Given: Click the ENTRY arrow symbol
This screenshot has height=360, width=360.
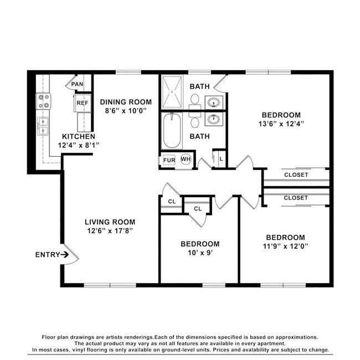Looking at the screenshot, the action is click(65, 254).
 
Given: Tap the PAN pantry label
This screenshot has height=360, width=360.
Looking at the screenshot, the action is click(77, 84).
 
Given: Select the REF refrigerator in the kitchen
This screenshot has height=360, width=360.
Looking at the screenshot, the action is click(83, 103).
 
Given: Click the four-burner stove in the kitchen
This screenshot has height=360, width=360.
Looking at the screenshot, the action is click(43, 101).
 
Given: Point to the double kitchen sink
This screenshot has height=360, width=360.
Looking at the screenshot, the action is click(43, 126).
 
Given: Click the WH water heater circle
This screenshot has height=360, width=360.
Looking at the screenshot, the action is click(186, 159).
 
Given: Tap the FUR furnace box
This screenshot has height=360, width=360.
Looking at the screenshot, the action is click(169, 160).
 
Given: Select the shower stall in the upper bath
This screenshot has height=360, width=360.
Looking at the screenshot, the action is click(172, 92).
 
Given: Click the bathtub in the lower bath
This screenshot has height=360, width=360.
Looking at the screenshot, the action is click(172, 131).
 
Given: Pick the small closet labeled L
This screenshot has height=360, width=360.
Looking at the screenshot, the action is click(220, 158).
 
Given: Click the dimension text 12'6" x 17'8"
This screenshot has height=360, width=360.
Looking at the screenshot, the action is click(110, 231).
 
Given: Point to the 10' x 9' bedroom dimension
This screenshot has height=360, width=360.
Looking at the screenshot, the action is click(200, 253).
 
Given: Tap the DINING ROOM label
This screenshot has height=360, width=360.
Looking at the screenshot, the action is click(126, 102).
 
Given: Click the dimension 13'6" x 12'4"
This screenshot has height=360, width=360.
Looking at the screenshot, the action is click(281, 124).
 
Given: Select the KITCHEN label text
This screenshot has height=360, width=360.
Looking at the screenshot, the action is click(79, 136).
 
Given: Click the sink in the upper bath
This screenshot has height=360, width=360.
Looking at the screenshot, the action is click(214, 102).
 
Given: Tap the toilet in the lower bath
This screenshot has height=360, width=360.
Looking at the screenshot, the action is click(195, 120).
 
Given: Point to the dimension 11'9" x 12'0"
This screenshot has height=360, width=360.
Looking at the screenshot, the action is click(285, 246).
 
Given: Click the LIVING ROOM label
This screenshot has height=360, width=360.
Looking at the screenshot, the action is click(110, 222).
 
